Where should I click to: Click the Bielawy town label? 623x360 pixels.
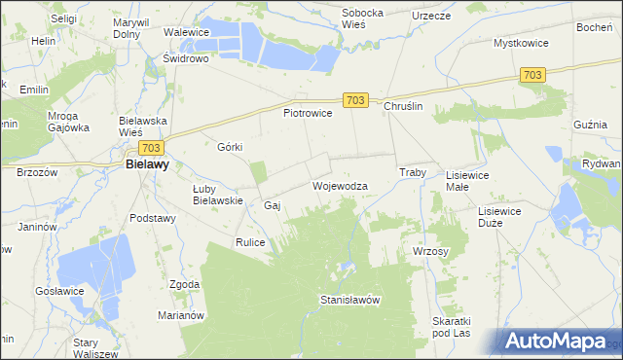[148, 165]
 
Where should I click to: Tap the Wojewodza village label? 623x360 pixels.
[340, 185]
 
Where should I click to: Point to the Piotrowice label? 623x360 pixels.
[308, 113]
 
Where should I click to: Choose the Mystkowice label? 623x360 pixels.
[522, 44]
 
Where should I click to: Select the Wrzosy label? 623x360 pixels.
[430, 251]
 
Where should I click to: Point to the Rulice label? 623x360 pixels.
[250, 241]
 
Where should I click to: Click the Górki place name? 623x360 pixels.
[230, 147]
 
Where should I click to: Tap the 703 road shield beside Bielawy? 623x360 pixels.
[150, 147]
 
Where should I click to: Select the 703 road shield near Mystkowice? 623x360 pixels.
[532, 75]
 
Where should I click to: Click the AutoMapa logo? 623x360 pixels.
[556, 341]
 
